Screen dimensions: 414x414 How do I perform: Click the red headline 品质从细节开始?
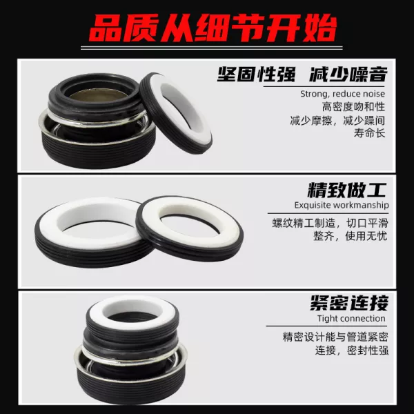pos(213,29)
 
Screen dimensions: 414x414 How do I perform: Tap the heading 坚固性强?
pos(257,75)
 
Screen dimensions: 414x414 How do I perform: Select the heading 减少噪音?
pos(348,75)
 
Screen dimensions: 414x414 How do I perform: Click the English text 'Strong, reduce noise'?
pos(342,94)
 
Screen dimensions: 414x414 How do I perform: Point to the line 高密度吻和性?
pos(353,107)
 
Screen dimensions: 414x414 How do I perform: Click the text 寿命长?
pos(369,132)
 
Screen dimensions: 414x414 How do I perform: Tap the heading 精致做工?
pos(347,190)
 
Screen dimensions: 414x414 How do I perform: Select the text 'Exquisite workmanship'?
pos(342,205)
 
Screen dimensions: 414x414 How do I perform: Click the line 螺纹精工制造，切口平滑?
pos(331,224)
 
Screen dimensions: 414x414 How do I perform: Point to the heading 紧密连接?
pos(349,303)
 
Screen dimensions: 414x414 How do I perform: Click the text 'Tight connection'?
pos(351,319)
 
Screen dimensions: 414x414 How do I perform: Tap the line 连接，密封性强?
pos(352,351)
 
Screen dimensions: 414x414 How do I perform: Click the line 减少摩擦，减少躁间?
pos(337,120)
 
